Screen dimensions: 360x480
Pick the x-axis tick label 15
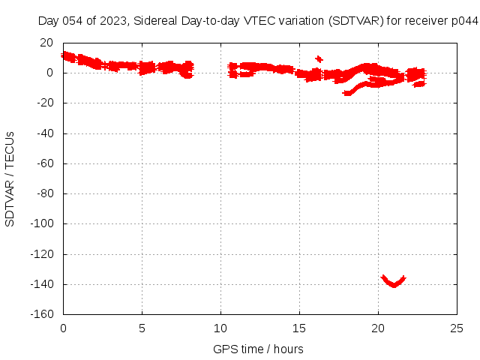pos(300,328)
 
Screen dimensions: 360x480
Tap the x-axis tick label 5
pos(142,328)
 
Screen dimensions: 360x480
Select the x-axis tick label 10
pos(221,328)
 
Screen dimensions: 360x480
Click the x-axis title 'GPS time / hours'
pos(258,349)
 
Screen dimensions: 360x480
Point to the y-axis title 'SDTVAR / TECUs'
pos(10,178)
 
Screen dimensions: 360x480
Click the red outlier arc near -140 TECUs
pos(393,282)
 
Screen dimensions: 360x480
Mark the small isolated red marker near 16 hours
pos(319,58)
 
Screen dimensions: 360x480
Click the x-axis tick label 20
pos(379,328)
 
